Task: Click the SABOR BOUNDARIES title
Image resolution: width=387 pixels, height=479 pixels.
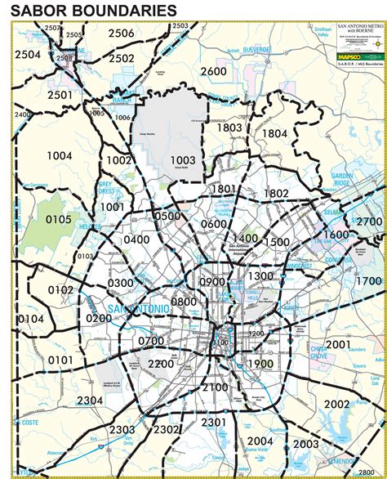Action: (x=93, y=11)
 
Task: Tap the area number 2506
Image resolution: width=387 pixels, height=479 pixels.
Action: (x=121, y=34)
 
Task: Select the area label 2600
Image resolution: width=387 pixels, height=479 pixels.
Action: (x=213, y=71)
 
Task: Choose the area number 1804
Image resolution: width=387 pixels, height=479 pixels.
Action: (x=274, y=133)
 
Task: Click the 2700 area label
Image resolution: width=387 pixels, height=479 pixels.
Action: (x=369, y=222)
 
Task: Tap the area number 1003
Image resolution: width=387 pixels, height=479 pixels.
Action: (x=183, y=159)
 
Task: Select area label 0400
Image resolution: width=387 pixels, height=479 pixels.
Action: (x=137, y=239)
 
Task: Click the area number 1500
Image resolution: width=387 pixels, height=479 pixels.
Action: (x=277, y=243)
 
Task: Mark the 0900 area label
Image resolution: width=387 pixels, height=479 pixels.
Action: (x=211, y=282)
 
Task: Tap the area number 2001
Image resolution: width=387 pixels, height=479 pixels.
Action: (x=337, y=344)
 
